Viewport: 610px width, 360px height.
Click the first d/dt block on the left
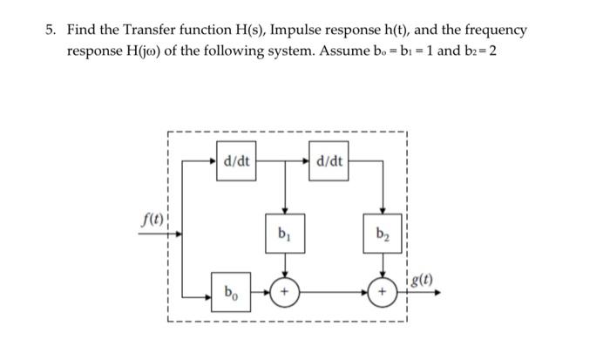click(236, 162)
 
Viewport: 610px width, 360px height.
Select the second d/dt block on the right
click(330, 162)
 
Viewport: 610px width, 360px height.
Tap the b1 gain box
click(283, 234)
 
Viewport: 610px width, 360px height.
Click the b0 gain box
click(231, 291)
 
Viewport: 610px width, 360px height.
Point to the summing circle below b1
click(283, 291)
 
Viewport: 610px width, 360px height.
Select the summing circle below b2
click(380, 291)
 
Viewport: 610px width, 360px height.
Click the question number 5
click(51, 31)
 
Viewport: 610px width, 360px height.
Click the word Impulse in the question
click(300, 31)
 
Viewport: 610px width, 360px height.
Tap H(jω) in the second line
click(141, 50)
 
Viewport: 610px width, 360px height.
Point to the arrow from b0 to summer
click(261, 291)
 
